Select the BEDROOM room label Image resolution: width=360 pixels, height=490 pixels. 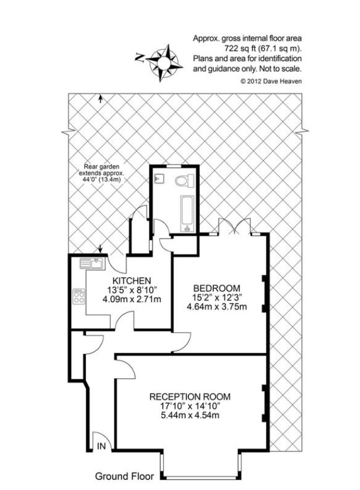pyautogui.click(x=217, y=288)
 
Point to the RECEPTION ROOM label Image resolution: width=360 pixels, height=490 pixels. pyautogui.click(x=189, y=396)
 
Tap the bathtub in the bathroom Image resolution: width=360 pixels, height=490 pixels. pyautogui.click(x=186, y=211)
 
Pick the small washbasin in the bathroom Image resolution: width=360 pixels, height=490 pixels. pyautogui.click(x=160, y=178)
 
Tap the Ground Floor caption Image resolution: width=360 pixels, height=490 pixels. pyautogui.click(x=124, y=476)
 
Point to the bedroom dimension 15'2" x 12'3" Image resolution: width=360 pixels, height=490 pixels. pyautogui.click(x=217, y=298)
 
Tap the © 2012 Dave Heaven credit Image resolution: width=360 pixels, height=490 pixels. pyautogui.click(x=271, y=81)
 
